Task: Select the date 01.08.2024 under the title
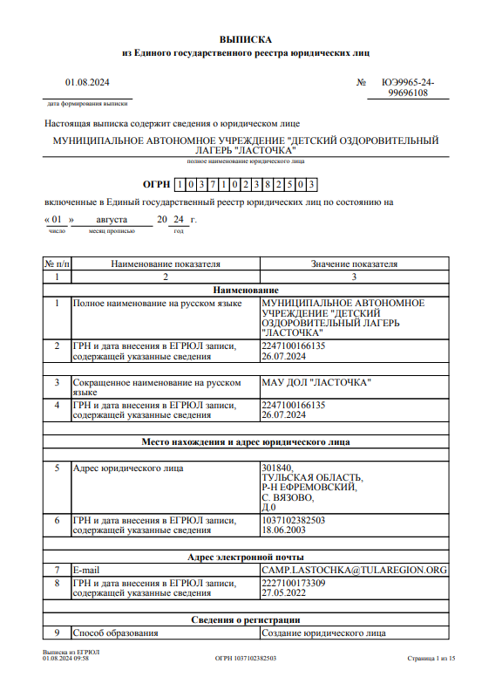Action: (x=87, y=83)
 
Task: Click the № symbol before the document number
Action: (x=362, y=83)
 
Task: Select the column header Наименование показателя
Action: (x=166, y=263)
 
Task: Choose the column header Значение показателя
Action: (x=354, y=263)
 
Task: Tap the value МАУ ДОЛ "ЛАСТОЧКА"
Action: (x=316, y=382)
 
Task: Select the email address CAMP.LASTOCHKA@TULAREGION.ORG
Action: (x=354, y=570)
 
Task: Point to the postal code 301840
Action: (x=277, y=469)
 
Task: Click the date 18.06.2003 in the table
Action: (x=283, y=530)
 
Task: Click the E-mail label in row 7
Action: (x=88, y=570)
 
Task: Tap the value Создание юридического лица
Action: (x=323, y=633)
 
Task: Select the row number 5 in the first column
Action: (x=57, y=469)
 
